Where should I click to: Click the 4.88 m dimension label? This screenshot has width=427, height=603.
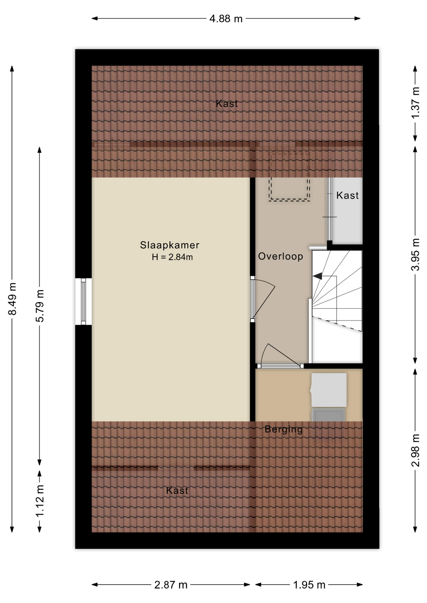tap(226, 19)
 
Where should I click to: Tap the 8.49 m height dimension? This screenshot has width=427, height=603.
tap(13, 299)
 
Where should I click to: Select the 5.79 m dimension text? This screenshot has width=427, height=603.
tap(40, 306)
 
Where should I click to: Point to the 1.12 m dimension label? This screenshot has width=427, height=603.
tap(40, 501)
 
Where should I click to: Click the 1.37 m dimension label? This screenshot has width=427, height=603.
tap(416, 103)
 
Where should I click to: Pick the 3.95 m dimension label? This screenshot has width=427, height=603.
tap(416, 254)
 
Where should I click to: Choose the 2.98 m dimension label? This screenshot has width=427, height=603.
tap(416, 450)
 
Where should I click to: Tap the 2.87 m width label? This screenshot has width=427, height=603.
tap(171, 585)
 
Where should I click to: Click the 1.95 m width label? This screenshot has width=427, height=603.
tap(309, 585)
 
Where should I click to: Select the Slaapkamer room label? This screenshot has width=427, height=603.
tap(170, 245)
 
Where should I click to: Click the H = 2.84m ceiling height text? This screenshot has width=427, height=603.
tap(172, 257)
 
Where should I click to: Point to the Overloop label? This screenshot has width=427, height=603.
tap(280, 256)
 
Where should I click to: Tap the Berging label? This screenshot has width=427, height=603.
tap(284, 429)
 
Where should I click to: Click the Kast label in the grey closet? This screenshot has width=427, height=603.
tap(347, 195)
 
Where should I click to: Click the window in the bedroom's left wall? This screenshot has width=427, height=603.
tap(83, 301)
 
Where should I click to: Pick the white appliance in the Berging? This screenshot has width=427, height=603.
tap(329, 390)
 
